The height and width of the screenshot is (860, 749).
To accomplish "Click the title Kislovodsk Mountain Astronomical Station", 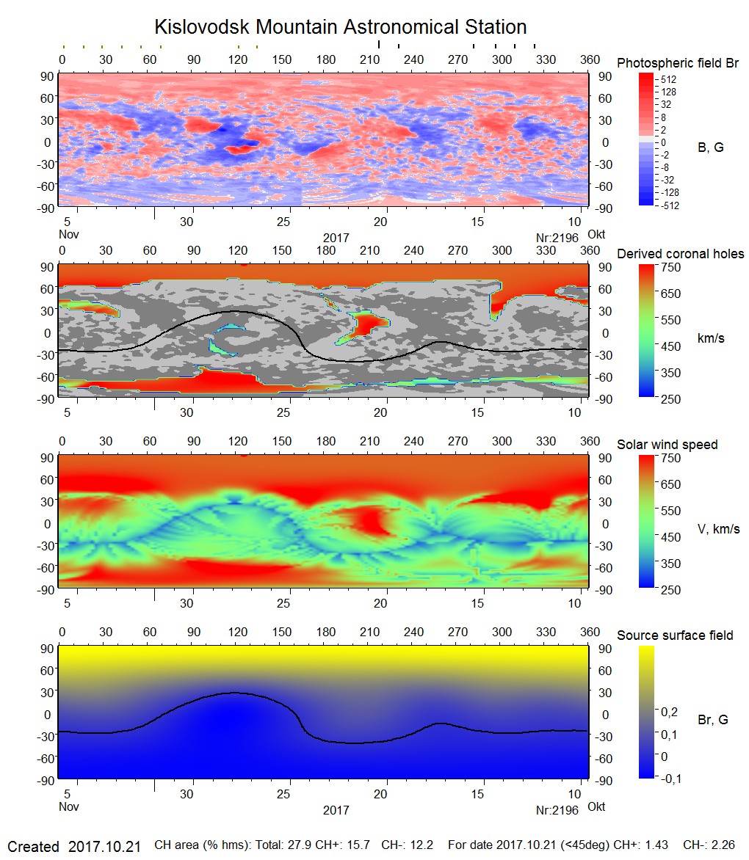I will tap(340, 27).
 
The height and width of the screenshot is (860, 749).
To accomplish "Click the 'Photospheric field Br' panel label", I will tap(678, 63).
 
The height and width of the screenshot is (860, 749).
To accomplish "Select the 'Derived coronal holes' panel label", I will tap(680, 254).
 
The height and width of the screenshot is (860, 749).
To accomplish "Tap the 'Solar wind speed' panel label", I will tap(667, 445).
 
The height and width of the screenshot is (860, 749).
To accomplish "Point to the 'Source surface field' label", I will tap(675, 635).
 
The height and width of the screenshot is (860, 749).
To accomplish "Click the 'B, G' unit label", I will tap(710, 147).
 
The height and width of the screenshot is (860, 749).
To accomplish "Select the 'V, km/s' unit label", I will tap(718, 529).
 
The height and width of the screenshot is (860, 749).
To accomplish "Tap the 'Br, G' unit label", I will tap(712, 720).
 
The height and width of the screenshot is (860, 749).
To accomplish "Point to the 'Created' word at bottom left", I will tap(33, 847).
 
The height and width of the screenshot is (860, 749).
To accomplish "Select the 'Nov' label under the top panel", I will tap(68, 235).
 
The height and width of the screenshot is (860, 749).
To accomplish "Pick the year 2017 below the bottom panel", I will tap(336, 810).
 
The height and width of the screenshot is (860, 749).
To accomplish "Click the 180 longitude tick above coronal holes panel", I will tap(325, 251).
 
